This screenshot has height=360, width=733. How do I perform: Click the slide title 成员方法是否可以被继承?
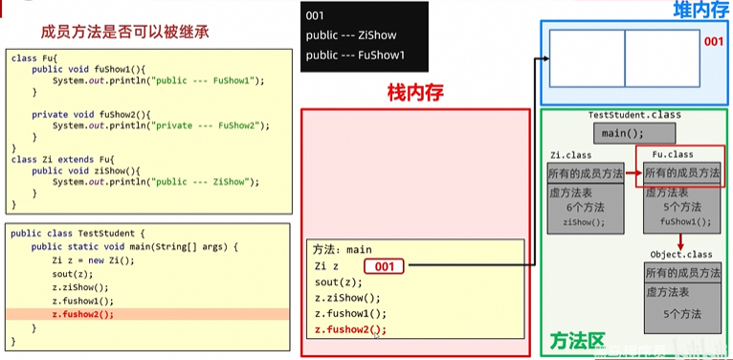tap(119, 32)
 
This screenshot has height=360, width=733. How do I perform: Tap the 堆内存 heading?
tap(700, 10)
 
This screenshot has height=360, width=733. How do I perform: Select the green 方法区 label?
tap(577, 341)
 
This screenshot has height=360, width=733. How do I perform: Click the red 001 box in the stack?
tap(384, 266)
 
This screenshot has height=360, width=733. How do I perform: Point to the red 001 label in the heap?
tap(714, 42)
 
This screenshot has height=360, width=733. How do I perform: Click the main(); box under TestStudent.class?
tap(633, 133)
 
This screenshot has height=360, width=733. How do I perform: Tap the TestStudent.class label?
tap(634, 115)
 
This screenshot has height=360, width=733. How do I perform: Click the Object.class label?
tap(678, 255)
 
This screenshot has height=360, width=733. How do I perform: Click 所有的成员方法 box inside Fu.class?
tap(681, 172)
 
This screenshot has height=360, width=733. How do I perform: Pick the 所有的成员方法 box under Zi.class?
tap(585, 173)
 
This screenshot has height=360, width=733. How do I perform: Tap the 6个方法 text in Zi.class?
tap(585, 207)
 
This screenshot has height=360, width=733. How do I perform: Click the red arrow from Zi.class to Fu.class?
tap(631, 173)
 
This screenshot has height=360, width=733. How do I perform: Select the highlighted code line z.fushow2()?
tap(82, 313)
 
